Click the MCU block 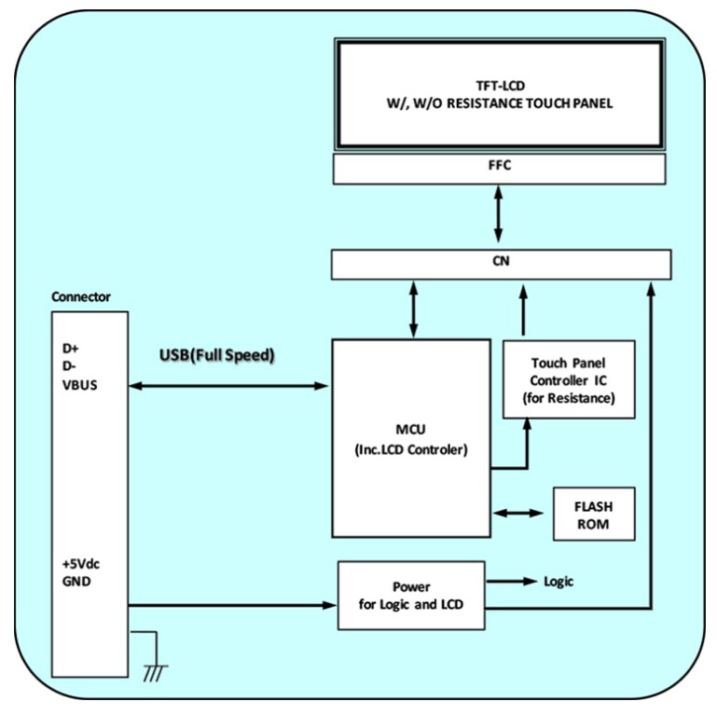(411, 438)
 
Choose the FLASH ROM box (594, 513)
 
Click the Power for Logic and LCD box (411, 594)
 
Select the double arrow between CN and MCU (411, 308)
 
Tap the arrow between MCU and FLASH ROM (517, 513)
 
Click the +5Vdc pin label (78, 565)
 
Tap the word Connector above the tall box (82, 297)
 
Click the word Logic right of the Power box (558, 582)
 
